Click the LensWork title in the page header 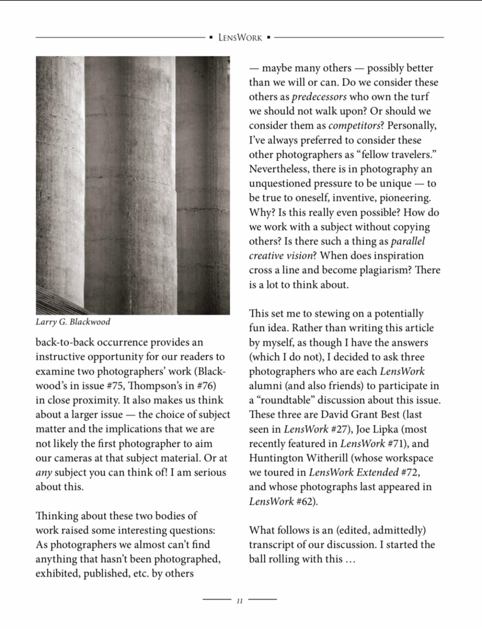tap(240, 38)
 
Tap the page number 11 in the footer tap(239, 602)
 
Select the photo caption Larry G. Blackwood tap(73, 322)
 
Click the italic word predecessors tap(319, 97)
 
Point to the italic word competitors tap(354, 126)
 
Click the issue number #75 tap(116, 386)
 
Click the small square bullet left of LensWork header tap(211, 38)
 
